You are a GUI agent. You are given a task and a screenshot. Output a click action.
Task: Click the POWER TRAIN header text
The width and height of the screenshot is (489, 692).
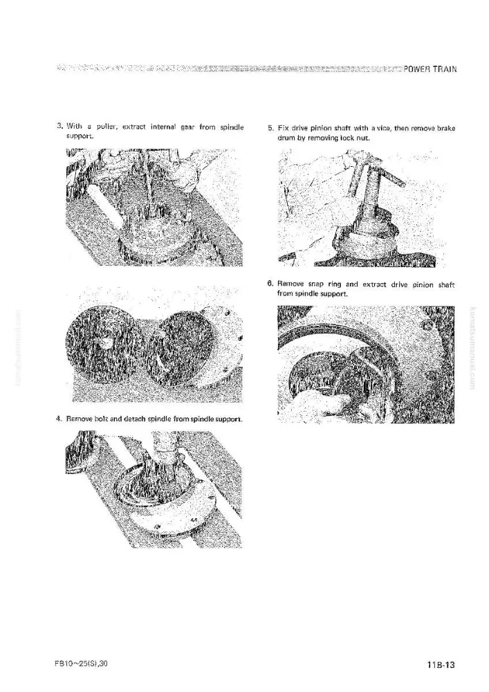430,69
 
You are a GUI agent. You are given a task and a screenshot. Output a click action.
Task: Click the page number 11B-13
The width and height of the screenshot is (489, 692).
441,664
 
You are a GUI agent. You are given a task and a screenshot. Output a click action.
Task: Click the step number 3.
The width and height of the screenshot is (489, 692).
59,127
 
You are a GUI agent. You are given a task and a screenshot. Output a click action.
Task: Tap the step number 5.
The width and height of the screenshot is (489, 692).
270,129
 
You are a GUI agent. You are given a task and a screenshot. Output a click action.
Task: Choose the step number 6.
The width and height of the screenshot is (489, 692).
270,284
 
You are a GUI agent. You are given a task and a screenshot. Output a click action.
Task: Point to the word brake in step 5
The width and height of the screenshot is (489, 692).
446,129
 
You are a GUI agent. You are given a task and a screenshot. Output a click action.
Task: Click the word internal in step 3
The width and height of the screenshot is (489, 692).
164,127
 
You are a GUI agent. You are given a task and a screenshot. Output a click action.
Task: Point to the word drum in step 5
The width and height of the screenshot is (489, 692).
284,138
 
